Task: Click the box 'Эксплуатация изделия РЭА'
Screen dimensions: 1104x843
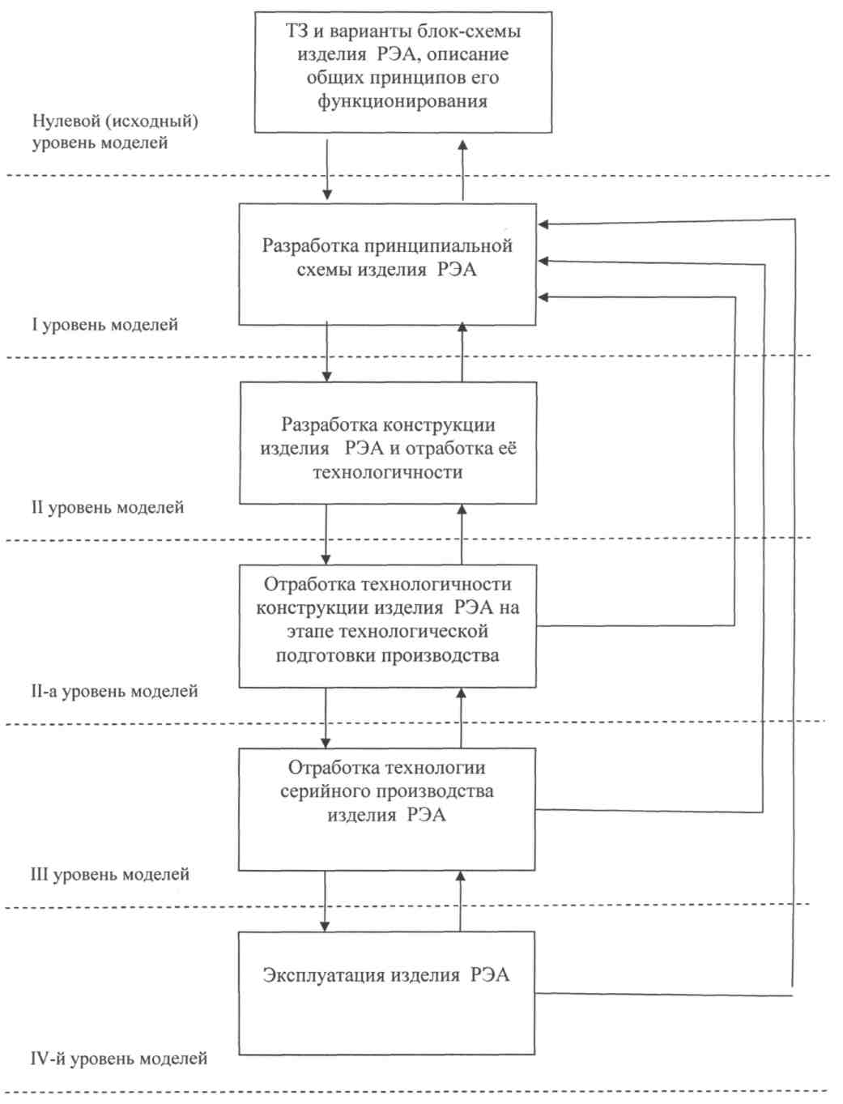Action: pyautogui.click(x=386, y=993)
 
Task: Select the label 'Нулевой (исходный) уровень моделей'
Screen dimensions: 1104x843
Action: pyautogui.click(x=115, y=132)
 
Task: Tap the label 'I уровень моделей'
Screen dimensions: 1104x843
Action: pyautogui.click(x=104, y=325)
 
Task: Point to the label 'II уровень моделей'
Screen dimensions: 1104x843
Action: pyautogui.click(x=108, y=508)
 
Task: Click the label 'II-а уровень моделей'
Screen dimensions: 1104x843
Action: pyautogui.click(x=114, y=692)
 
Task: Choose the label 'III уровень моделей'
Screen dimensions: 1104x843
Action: pyautogui.click(x=109, y=875)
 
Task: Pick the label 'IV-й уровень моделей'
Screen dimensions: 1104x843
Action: pyautogui.click(x=118, y=1059)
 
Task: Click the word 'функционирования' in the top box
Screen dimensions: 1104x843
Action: pyautogui.click(x=402, y=101)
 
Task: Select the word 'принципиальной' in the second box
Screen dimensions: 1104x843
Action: pyautogui.click(x=449, y=246)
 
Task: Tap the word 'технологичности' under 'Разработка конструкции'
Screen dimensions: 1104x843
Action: pyautogui.click(x=388, y=472)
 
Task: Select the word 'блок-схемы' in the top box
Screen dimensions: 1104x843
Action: pyautogui.click(x=469, y=32)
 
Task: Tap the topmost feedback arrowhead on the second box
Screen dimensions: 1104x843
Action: pyautogui.click(x=543, y=224)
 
